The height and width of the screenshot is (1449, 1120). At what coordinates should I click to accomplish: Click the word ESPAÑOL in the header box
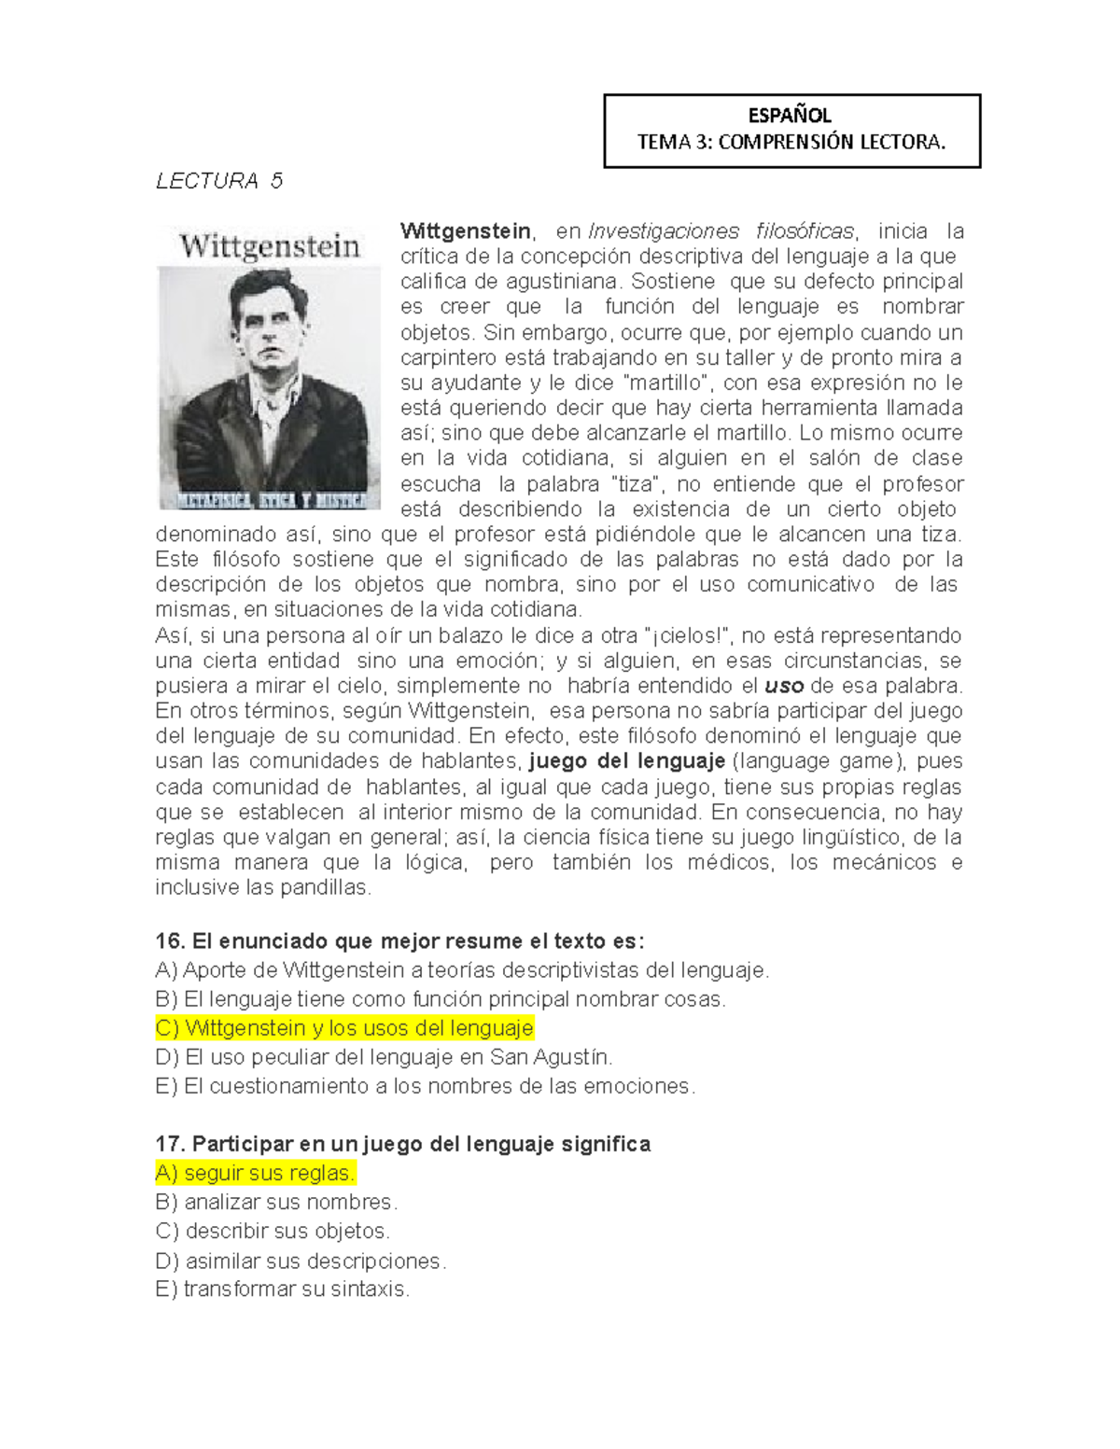click(x=790, y=116)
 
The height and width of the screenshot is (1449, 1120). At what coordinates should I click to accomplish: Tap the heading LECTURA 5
click(x=219, y=181)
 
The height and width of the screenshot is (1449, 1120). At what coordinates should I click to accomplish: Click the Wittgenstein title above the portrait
click(x=270, y=246)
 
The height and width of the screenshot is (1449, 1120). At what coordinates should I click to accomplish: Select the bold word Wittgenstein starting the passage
click(x=465, y=231)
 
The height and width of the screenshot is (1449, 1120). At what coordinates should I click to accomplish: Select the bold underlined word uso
click(x=784, y=687)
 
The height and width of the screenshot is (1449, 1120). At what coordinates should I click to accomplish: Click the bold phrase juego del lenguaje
click(x=627, y=761)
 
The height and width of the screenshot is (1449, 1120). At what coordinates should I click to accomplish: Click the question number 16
click(x=170, y=941)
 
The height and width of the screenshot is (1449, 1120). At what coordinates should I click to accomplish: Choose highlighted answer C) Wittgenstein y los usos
click(x=344, y=1028)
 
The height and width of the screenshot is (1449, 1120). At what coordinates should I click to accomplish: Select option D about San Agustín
click(x=384, y=1057)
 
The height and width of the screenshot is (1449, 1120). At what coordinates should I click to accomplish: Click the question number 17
click(x=170, y=1145)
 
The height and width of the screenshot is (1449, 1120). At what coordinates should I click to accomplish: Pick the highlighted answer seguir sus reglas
click(x=256, y=1174)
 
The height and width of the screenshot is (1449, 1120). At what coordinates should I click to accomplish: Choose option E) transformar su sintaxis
click(x=283, y=1289)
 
